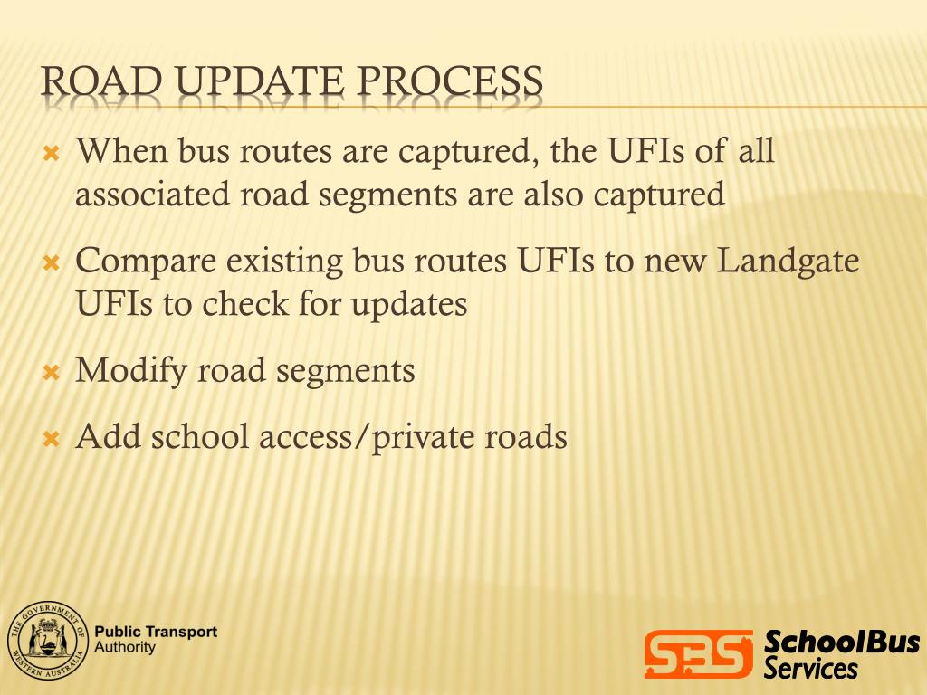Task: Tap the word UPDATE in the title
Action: [x=262, y=82]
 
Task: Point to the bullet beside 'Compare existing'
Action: [x=52, y=264]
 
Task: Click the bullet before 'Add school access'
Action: [x=52, y=440]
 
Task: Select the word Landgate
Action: [x=788, y=262]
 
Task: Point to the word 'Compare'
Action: [x=146, y=262]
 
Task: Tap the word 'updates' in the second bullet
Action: [x=408, y=304]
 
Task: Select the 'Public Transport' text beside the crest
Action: [x=156, y=633]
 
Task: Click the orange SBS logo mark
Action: [x=698, y=653]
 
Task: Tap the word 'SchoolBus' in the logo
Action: [x=841, y=643]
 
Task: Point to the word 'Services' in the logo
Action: [x=810, y=669]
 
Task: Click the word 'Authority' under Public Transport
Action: [x=125, y=648]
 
